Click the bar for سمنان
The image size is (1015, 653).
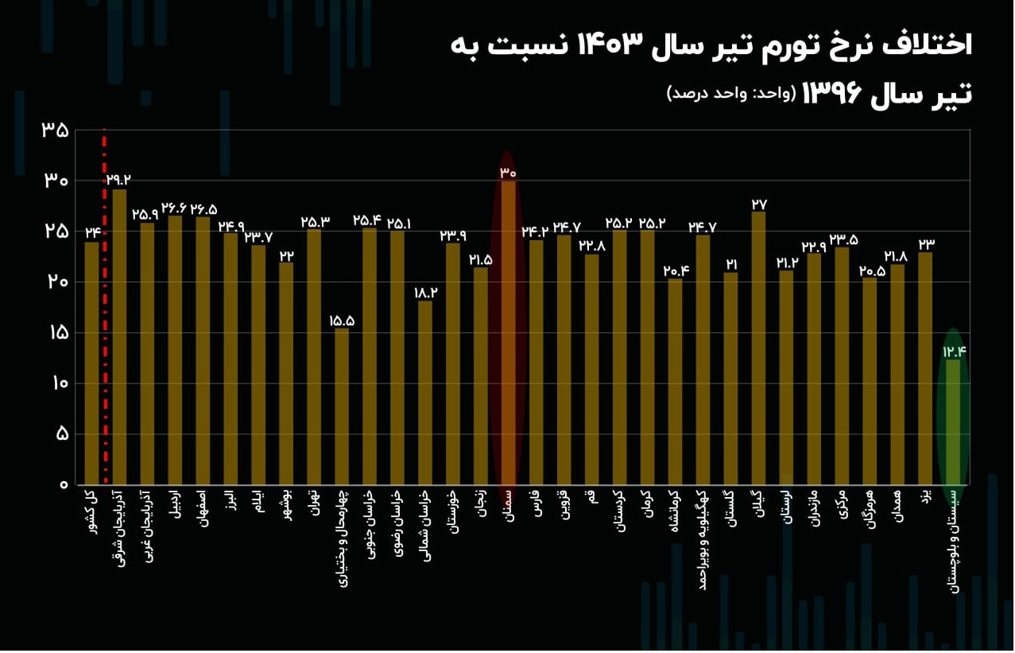point(508,334)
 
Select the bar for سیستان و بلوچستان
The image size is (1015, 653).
point(952,422)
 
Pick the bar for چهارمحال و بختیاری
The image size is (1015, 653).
point(341,406)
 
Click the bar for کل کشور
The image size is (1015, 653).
point(91,363)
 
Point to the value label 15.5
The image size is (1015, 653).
point(341,321)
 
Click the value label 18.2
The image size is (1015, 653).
point(425,293)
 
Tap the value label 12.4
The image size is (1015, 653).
point(953,352)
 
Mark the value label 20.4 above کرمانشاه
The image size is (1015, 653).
point(675,270)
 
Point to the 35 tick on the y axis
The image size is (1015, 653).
point(55,130)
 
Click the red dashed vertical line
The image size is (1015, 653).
point(105,318)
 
